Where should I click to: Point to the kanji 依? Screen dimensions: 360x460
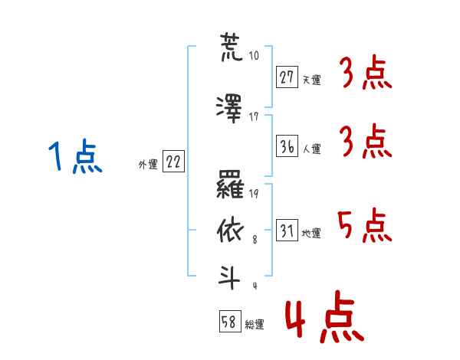(231, 229)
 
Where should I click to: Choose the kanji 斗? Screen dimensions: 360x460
(231, 276)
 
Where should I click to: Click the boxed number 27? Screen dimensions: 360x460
(287, 78)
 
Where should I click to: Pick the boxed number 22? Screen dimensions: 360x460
(173, 162)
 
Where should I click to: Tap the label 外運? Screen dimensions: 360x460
(148, 164)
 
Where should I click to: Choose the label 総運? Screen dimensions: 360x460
(255, 325)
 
